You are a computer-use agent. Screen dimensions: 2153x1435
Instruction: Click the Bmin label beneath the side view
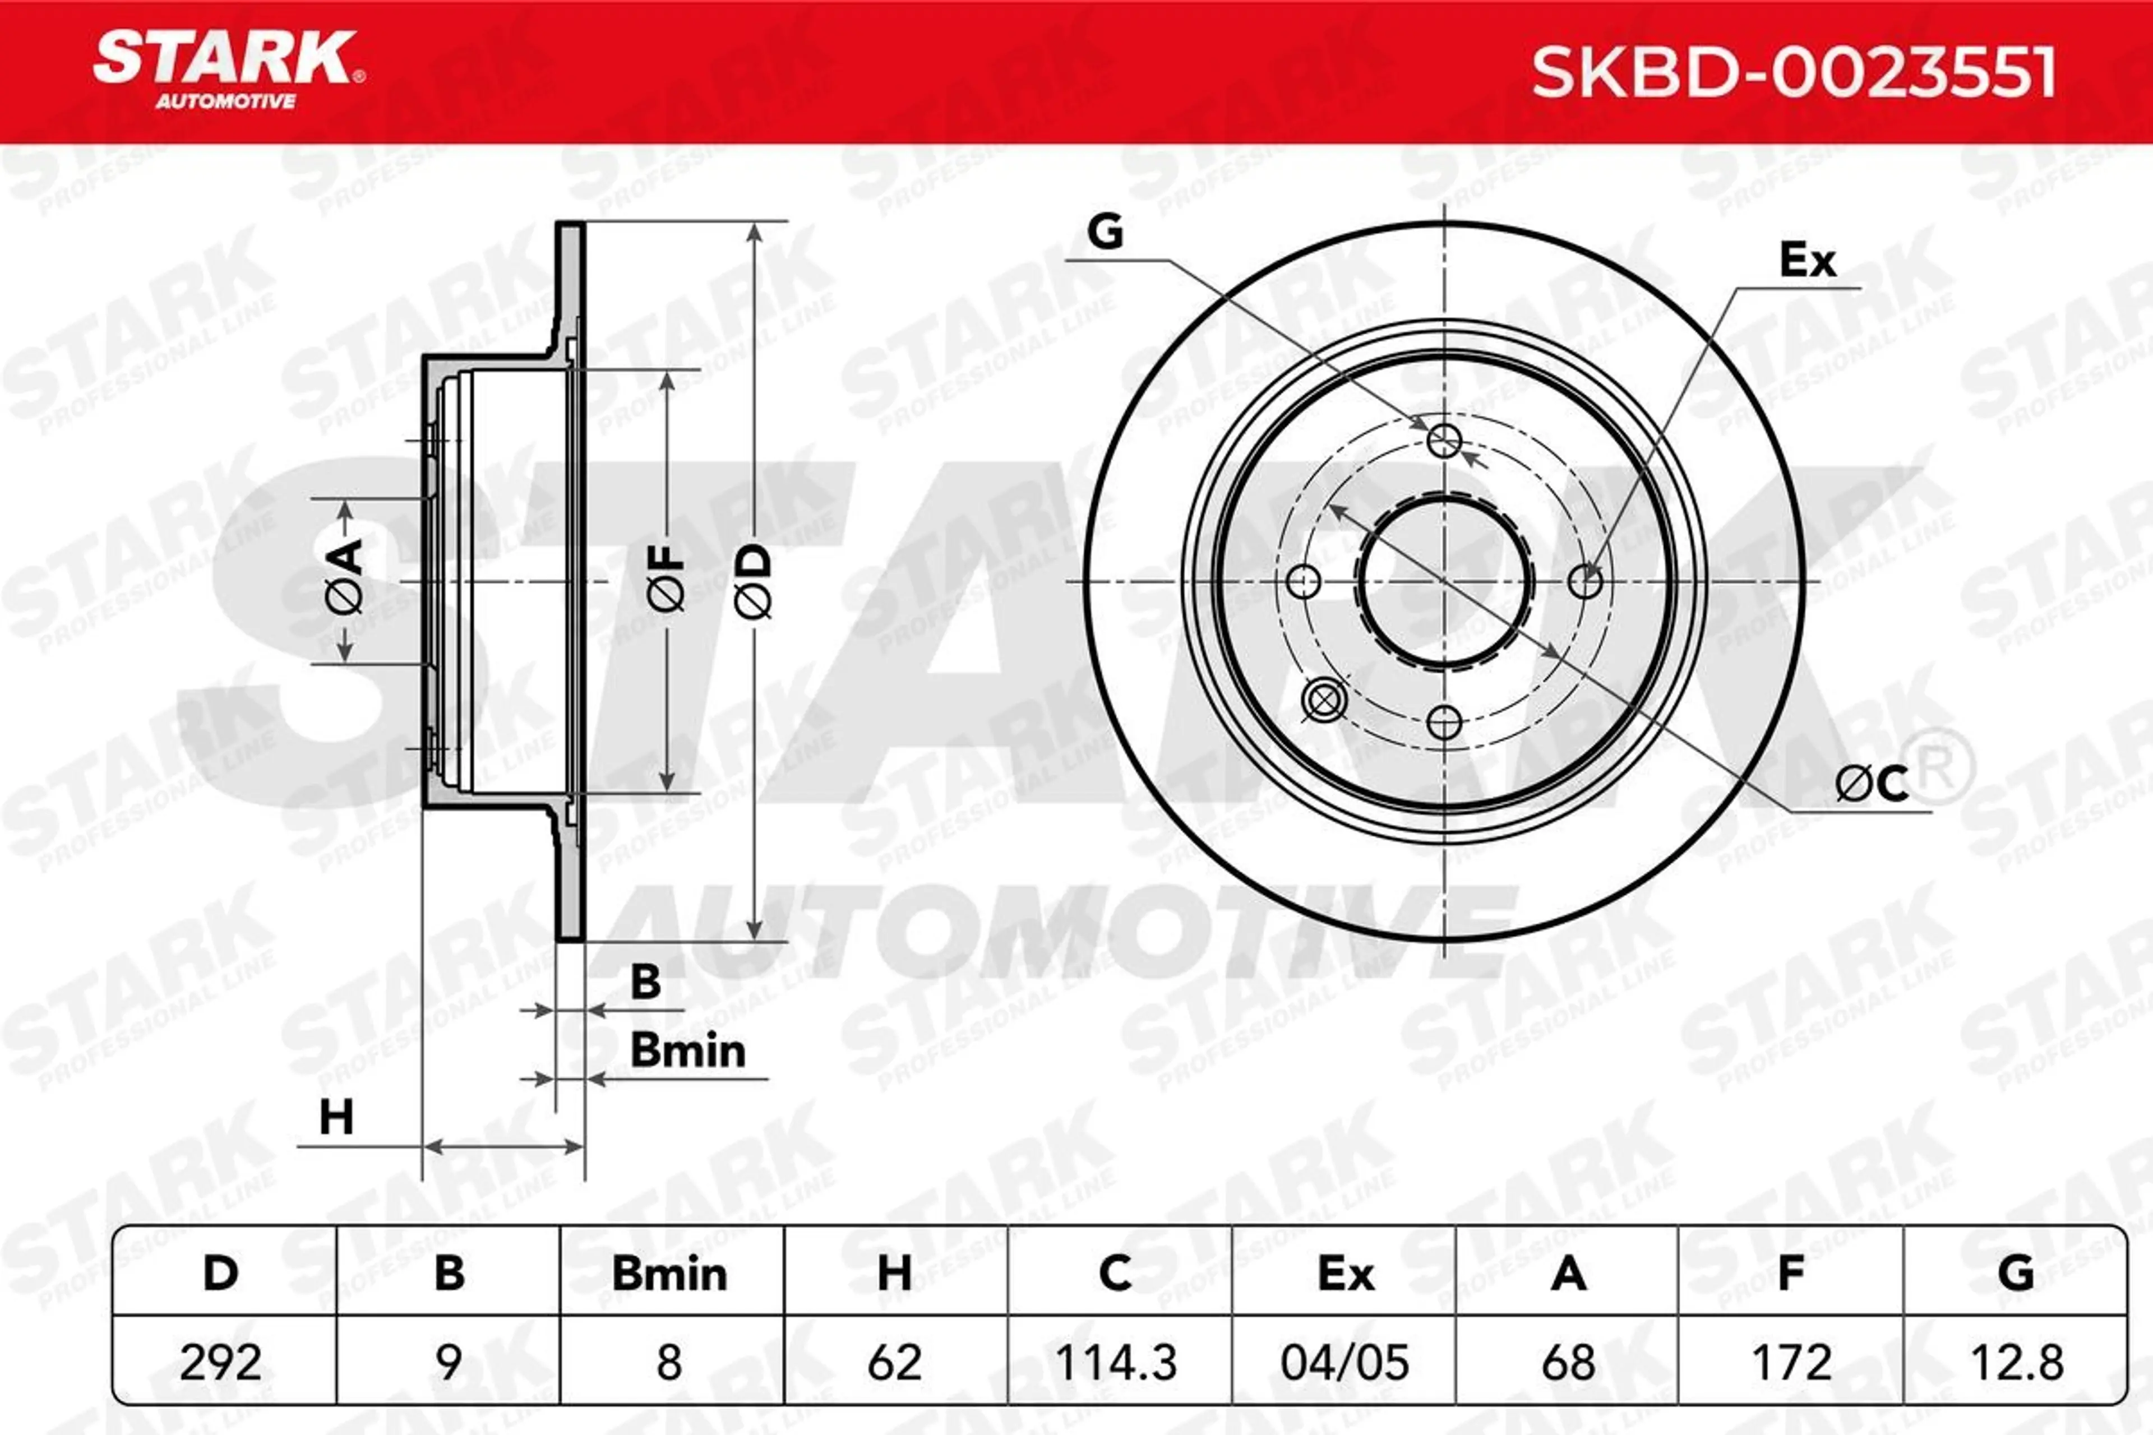click(687, 1050)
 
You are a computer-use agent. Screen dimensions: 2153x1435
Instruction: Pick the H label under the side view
click(336, 1117)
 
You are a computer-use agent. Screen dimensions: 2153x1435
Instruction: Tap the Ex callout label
click(1807, 261)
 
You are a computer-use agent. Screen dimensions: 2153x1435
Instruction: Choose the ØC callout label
click(1872, 784)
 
